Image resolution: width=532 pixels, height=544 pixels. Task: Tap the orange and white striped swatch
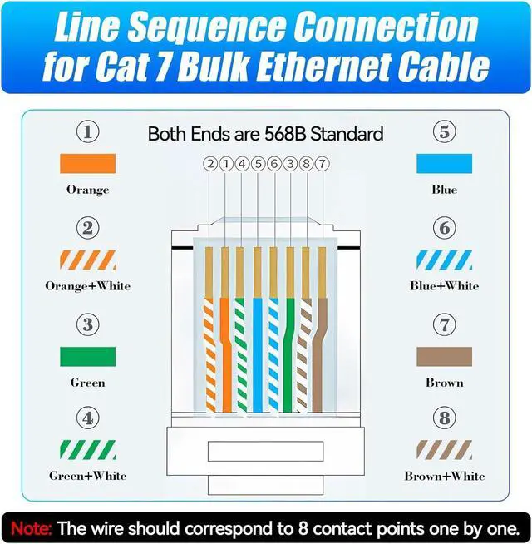tap(87, 260)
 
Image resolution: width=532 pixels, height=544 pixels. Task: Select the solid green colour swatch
tap(87, 357)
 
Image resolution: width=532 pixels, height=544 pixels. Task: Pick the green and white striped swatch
tap(87, 451)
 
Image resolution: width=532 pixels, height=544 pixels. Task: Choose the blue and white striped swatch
tap(444, 260)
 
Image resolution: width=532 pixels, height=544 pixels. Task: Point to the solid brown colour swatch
tap(444, 357)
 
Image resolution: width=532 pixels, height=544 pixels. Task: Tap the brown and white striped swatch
tap(444, 451)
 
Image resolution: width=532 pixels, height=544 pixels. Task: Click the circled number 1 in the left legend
tap(87, 131)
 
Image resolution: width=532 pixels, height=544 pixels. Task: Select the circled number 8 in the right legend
tap(444, 418)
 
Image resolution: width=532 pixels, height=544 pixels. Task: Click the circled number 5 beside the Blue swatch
tap(444, 131)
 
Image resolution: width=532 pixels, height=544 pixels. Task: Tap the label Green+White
tap(87, 476)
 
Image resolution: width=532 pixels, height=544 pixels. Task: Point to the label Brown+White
tap(444, 476)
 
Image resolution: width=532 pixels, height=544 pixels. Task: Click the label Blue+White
tap(444, 285)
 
